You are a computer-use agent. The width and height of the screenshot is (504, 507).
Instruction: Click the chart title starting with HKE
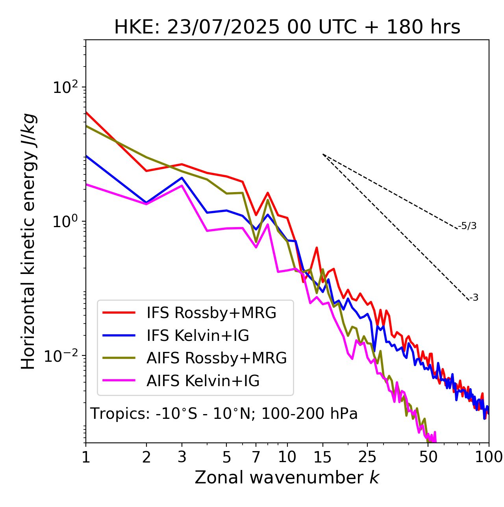coord(287,28)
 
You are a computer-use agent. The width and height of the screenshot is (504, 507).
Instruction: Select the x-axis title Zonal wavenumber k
coord(287,477)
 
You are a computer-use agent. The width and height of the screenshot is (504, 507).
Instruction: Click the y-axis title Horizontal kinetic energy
coord(28,241)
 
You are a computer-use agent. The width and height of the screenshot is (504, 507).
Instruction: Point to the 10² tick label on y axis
coord(65,87)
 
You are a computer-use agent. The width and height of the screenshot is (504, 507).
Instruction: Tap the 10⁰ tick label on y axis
coord(65,222)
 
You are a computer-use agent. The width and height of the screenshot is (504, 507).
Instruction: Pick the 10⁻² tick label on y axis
coord(63,356)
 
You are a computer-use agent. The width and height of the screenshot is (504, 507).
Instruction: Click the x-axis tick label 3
coord(182,457)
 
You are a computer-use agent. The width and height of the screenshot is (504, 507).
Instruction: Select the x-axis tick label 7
coord(256,457)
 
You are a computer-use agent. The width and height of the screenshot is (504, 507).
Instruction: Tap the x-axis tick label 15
coord(322,457)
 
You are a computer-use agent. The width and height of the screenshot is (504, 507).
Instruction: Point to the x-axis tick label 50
coord(428,457)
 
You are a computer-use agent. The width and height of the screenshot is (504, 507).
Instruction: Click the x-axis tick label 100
coord(489,457)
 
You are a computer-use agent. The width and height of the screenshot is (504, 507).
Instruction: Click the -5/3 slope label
coord(467,226)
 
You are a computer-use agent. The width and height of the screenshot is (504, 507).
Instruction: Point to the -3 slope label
coord(474,298)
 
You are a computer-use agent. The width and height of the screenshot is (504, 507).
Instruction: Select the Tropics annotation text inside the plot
coord(224,414)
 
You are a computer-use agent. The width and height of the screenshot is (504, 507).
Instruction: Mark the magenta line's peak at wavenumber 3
coord(182,185)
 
